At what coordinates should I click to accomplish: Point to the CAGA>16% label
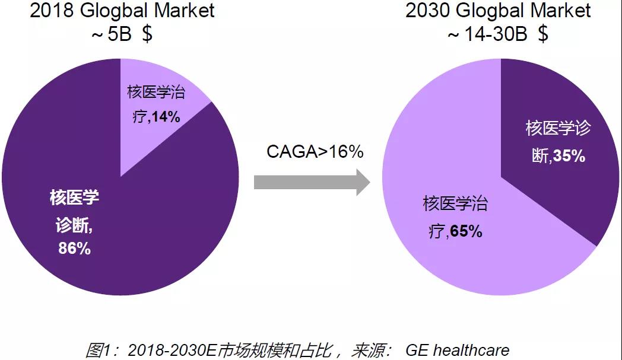(315, 151)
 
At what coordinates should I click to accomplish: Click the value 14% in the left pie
(166, 117)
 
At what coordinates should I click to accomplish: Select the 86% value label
(74, 249)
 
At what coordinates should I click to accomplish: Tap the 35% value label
(569, 156)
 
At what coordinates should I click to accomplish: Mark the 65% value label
(466, 231)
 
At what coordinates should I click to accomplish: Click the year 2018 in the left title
(50, 11)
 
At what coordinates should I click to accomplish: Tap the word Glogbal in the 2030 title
(496, 11)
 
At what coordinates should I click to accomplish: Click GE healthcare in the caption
(457, 350)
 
